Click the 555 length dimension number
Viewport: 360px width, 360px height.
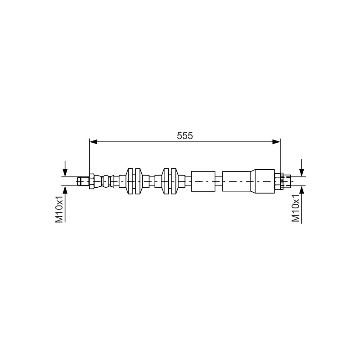point(185,136)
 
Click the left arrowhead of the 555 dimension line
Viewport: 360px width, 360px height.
point(94,142)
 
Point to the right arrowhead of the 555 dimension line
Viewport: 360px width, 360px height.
point(276,142)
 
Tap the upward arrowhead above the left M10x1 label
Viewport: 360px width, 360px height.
point(65,189)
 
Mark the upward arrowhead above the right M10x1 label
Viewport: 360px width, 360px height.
point(301,189)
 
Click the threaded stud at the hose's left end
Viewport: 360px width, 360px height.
point(83,181)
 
